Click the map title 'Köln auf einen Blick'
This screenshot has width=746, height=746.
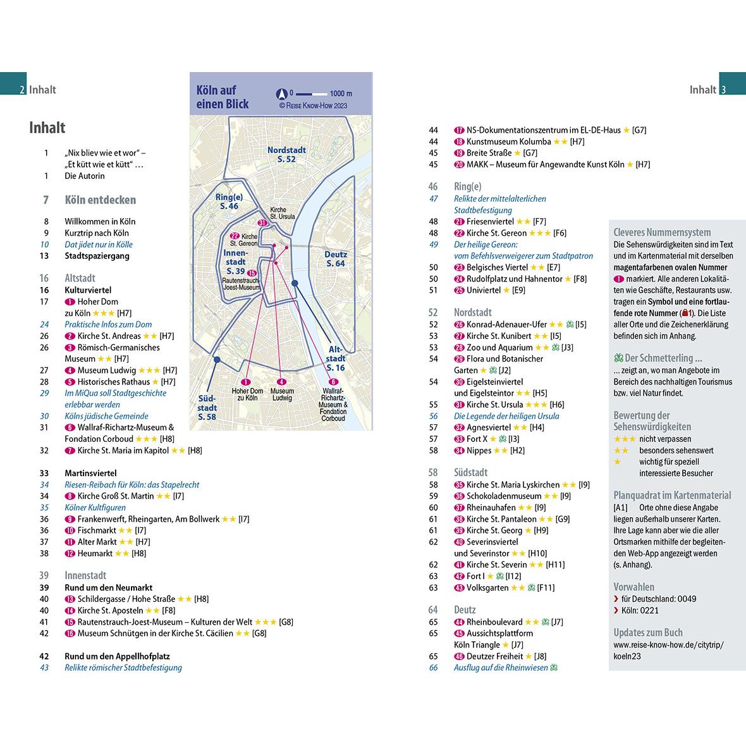coord(223,97)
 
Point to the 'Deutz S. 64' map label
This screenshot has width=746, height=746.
coord(336,259)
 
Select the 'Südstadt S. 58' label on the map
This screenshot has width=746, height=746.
coord(207,407)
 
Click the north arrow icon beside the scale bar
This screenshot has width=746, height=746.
coord(282,94)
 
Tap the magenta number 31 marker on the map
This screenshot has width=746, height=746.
coord(262,223)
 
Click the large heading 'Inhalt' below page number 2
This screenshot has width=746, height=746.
coord(47,128)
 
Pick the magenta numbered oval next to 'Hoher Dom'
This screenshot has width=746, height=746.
coord(70,302)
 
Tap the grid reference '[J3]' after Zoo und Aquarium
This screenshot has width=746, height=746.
coord(567,348)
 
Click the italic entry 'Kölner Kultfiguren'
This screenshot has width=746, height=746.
coord(95,508)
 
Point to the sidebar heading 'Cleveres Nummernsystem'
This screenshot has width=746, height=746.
coord(662,232)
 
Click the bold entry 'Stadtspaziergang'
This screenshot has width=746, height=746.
coord(97,256)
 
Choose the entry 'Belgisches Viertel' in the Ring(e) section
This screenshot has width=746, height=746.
coord(496,267)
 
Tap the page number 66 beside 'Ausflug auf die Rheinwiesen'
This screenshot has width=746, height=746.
coord(433,668)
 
